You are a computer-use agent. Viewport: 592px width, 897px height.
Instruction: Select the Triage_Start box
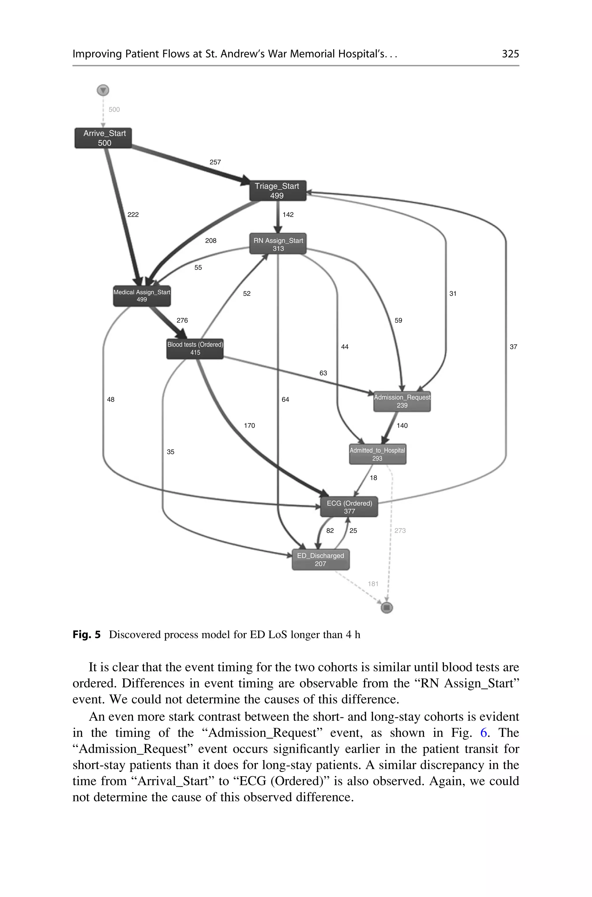pyautogui.click(x=277, y=191)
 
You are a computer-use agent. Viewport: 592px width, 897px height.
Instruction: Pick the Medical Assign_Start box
pyautogui.click(x=142, y=296)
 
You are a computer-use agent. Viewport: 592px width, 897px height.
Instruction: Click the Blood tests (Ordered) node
pyautogui.click(x=195, y=348)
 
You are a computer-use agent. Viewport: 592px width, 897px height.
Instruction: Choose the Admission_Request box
pyautogui.click(x=402, y=401)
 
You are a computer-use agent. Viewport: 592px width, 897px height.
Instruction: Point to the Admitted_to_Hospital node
pyautogui.click(x=377, y=454)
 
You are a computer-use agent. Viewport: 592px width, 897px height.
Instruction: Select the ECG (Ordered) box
pyautogui.click(x=349, y=507)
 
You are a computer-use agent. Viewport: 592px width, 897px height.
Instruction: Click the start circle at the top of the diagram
pyautogui.click(x=103, y=90)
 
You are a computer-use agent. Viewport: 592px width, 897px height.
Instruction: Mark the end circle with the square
pyautogui.click(x=386, y=608)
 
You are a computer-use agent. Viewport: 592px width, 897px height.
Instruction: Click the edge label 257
pyautogui.click(x=215, y=162)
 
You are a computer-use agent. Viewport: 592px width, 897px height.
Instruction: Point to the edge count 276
pyautogui.click(x=182, y=320)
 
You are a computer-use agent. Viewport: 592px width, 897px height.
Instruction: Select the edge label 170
pyautogui.click(x=249, y=426)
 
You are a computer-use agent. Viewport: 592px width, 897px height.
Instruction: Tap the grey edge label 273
pyautogui.click(x=400, y=531)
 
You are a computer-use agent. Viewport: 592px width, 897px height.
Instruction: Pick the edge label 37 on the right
pyautogui.click(x=513, y=347)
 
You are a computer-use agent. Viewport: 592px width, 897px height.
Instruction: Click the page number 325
pyautogui.click(x=510, y=54)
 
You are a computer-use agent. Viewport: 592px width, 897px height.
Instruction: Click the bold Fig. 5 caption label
pyautogui.click(x=86, y=635)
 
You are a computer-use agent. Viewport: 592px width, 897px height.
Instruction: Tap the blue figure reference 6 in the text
pyautogui.click(x=484, y=733)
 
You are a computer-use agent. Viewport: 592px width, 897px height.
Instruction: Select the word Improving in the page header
pyautogui.click(x=97, y=54)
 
